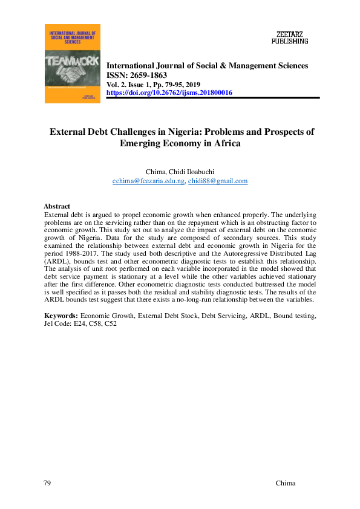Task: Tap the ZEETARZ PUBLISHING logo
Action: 291,37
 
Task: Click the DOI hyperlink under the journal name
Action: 169,92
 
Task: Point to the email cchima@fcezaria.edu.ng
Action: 148,181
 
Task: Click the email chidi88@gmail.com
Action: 217,181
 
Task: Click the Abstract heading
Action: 57,206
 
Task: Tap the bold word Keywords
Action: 61,316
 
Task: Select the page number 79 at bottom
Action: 48,483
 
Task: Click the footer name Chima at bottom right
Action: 285,483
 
